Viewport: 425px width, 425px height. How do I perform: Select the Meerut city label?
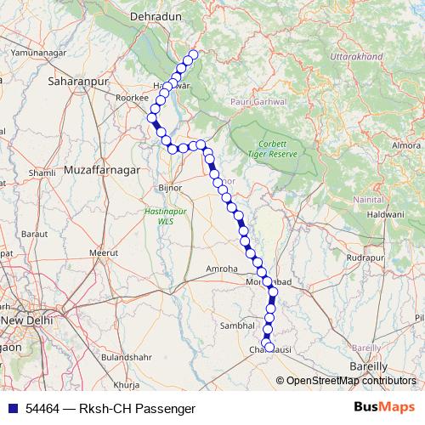(106, 253)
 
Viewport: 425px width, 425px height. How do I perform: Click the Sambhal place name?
(238, 325)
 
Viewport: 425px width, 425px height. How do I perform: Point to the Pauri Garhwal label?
(258, 101)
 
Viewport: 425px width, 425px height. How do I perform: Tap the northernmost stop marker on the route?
(193, 55)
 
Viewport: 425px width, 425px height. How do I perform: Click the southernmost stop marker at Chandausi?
(269, 347)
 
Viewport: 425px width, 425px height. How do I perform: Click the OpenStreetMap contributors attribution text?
(351, 381)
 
